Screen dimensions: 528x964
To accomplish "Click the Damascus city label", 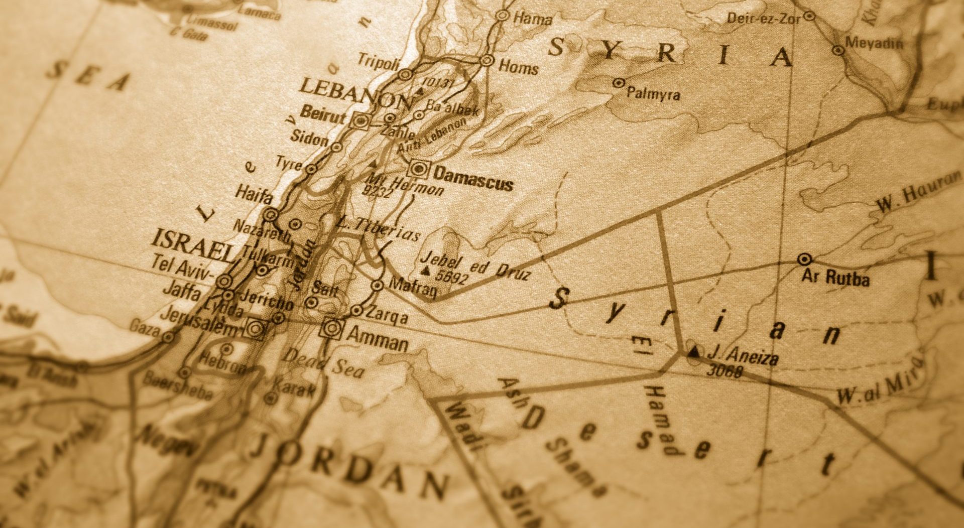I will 473,178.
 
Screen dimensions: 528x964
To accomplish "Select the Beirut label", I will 323,114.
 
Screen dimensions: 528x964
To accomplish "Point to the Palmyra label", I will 653,93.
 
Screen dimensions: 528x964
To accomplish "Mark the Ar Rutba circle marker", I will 805,259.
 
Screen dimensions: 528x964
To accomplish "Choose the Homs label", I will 519,67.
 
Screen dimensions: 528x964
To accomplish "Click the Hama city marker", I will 502,16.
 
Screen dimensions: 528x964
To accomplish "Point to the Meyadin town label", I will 874,43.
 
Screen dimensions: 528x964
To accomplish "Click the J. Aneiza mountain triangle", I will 694,352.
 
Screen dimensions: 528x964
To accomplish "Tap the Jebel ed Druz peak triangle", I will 427,272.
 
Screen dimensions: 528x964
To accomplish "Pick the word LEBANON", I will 354,94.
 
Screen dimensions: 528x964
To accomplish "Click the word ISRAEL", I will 193,246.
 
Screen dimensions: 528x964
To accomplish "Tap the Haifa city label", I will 254,195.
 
